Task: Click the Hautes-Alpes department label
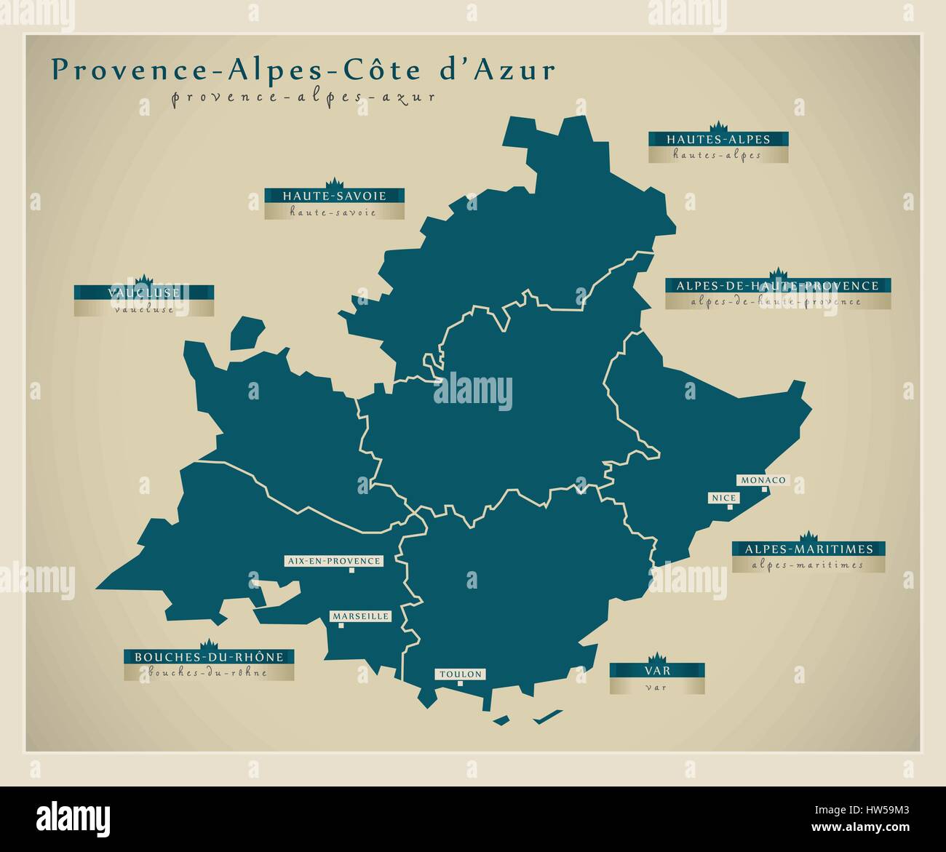pyautogui.click(x=719, y=139)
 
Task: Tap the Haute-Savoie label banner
pyautogui.click(x=334, y=196)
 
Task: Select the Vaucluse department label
pyautogui.click(x=143, y=293)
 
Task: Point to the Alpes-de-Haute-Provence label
pyautogui.click(x=777, y=286)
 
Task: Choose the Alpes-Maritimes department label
pyautogui.click(x=808, y=549)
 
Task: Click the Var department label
pyautogui.click(x=656, y=669)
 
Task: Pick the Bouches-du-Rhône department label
pyautogui.click(x=209, y=657)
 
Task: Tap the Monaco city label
pyautogui.click(x=762, y=480)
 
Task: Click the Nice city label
pyautogui.click(x=724, y=498)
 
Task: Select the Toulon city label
pyautogui.click(x=460, y=674)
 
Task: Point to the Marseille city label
pyautogui.click(x=361, y=616)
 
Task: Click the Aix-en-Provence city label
pyautogui.click(x=333, y=561)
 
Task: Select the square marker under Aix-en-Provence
pyautogui.click(x=351, y=570)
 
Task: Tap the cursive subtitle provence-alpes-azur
pyautogui.click(x=303, y=97)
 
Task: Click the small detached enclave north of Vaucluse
pyautogui.click(x=246, y=332)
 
